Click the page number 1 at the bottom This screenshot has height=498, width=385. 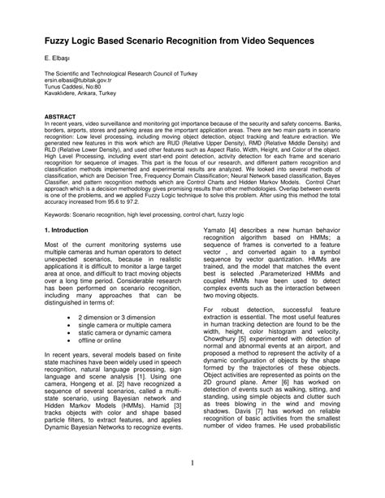pyautogui.click(x=192, y=463)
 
